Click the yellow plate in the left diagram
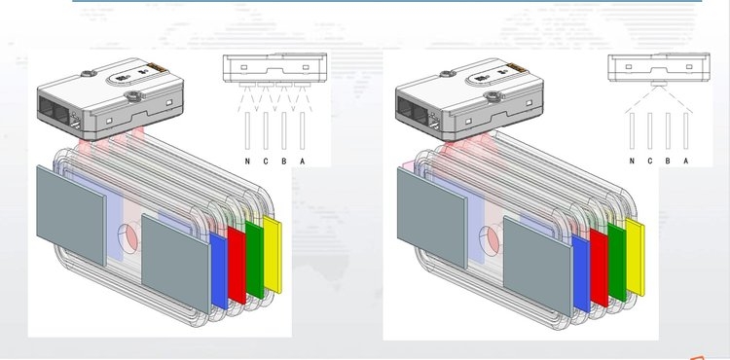coord(273,254)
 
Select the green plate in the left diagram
coord(255,260)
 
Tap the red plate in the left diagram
coord(237,266)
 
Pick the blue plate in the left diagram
coord(219,271)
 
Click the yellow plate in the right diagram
coord(636,257)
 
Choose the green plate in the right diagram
coord(617,263)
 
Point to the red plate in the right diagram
coord(600,268)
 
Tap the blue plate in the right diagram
coord(581,273)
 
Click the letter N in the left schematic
coord(247,162)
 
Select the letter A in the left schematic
coord(302,162)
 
